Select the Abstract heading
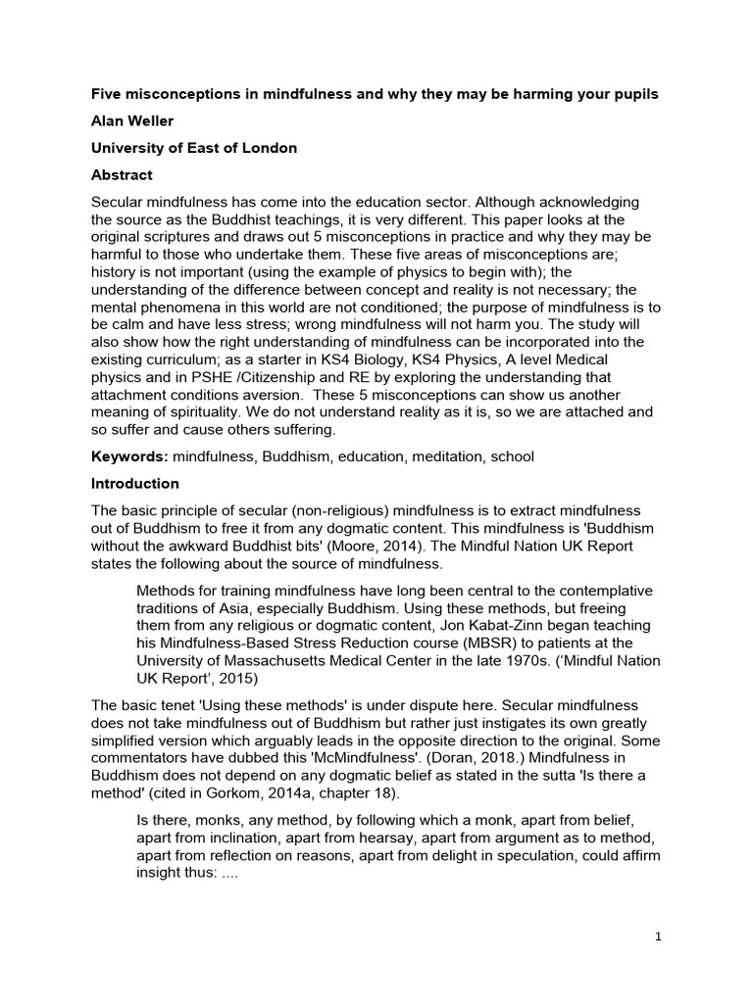(x=124, y=175)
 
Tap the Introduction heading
(x=135, y=484)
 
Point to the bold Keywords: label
(x=128, y=456)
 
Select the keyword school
(x=511, y=456)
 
